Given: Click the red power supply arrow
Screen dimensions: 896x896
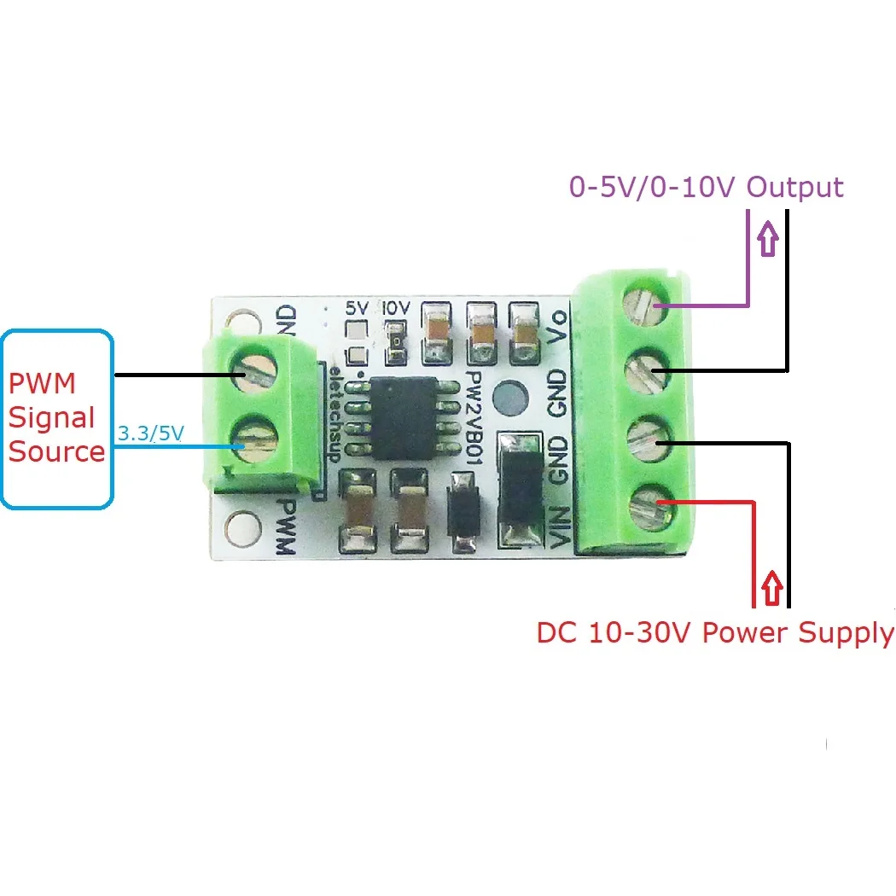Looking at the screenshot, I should tap(772, 589).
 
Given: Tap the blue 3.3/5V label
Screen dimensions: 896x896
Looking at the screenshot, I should tap(150, 433).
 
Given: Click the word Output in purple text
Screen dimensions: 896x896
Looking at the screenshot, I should tap(795, 187).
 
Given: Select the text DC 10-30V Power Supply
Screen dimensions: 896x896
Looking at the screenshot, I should tap(715, 633).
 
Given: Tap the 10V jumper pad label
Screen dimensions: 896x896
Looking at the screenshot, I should tap(396, 307).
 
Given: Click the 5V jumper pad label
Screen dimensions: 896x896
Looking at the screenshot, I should tap(356, 307).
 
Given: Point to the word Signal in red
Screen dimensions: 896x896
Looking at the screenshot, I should tap(52, 417).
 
